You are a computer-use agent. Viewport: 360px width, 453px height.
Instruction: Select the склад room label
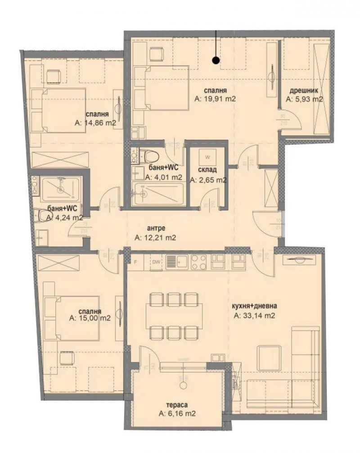(207, 170)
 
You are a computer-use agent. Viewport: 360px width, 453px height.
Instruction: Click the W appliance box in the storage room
(207, 157)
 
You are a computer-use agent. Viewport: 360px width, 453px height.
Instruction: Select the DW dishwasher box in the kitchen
(156, 261)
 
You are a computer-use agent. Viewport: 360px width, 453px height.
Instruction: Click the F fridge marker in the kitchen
(135, 261)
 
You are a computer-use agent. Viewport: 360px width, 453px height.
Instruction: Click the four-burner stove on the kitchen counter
(198, 261)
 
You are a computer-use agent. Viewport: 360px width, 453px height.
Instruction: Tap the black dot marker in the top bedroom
(216, 59)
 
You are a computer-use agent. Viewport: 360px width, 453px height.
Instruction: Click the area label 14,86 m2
(96, 122)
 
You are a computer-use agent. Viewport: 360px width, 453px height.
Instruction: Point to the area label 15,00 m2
(90, 318)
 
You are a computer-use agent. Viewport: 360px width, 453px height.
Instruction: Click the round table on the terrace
(183, 385)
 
